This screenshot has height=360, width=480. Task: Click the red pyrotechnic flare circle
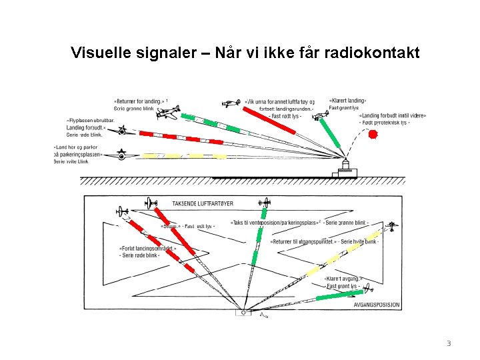click(x=373, y=134)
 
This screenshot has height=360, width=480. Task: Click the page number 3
click(x=449, y=343)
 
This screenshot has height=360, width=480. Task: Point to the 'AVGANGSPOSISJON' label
click(x=377, y=305)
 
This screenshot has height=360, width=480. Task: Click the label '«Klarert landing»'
click(x=347, y=101)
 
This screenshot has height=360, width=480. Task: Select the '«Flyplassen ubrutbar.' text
click(x=91, y=121)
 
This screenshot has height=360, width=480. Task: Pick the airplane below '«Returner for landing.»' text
click(x=168, y=114)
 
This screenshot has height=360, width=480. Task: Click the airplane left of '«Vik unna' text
click(x=231, y=103)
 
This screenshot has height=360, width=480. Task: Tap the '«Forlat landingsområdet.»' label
click(x=143, y=249)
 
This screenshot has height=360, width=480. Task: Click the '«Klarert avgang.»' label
click(x=343, y=279)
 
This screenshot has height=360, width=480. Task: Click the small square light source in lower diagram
click(x=243, y=312)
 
